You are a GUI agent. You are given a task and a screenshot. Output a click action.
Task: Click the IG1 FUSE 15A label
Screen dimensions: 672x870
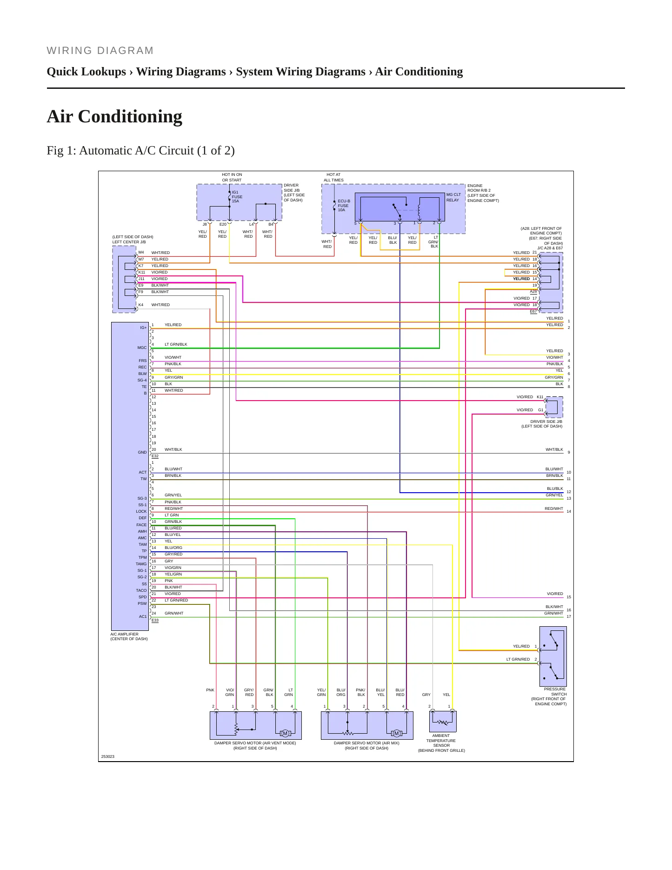[237, 197]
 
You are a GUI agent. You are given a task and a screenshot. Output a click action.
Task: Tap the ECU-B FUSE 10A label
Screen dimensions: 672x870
[344, 206]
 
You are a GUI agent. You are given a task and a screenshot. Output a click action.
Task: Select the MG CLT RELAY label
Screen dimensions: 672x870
[453, 197]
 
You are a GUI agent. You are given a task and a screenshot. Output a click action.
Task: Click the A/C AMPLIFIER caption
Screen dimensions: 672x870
[129, 636]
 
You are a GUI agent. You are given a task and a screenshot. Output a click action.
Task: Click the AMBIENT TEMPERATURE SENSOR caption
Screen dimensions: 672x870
[441, 743]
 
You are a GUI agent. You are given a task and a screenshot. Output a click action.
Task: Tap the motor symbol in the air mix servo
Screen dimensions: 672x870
[396, 734]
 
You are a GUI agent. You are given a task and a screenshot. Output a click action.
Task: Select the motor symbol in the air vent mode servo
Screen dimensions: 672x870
[286, 734]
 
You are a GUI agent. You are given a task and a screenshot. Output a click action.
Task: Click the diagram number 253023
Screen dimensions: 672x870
[108, 756]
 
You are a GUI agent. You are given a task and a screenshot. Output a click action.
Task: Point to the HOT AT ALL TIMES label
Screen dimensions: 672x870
[334, 177]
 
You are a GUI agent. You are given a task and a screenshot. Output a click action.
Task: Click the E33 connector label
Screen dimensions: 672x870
[155, 620]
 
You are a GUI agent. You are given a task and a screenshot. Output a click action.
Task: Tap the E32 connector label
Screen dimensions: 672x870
[155, 456]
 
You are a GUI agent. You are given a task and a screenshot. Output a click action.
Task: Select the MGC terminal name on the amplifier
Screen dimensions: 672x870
[142, 348]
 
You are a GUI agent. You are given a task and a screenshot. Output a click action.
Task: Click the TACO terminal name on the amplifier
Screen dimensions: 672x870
[141, 590]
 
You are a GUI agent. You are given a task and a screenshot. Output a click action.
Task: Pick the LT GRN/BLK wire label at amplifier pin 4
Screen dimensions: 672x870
[176, 344]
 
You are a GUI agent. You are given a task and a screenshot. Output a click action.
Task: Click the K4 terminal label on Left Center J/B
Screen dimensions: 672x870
[141, 305]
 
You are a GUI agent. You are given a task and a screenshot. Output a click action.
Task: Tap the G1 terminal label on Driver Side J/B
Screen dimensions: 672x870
[541, 410]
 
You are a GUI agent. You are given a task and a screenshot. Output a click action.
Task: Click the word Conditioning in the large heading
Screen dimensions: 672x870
[130, 116]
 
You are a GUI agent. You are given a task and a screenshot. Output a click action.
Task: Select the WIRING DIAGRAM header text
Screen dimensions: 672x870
[100, 51]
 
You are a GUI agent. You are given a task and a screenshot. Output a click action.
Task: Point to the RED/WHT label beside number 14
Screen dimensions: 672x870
[554, 509]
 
